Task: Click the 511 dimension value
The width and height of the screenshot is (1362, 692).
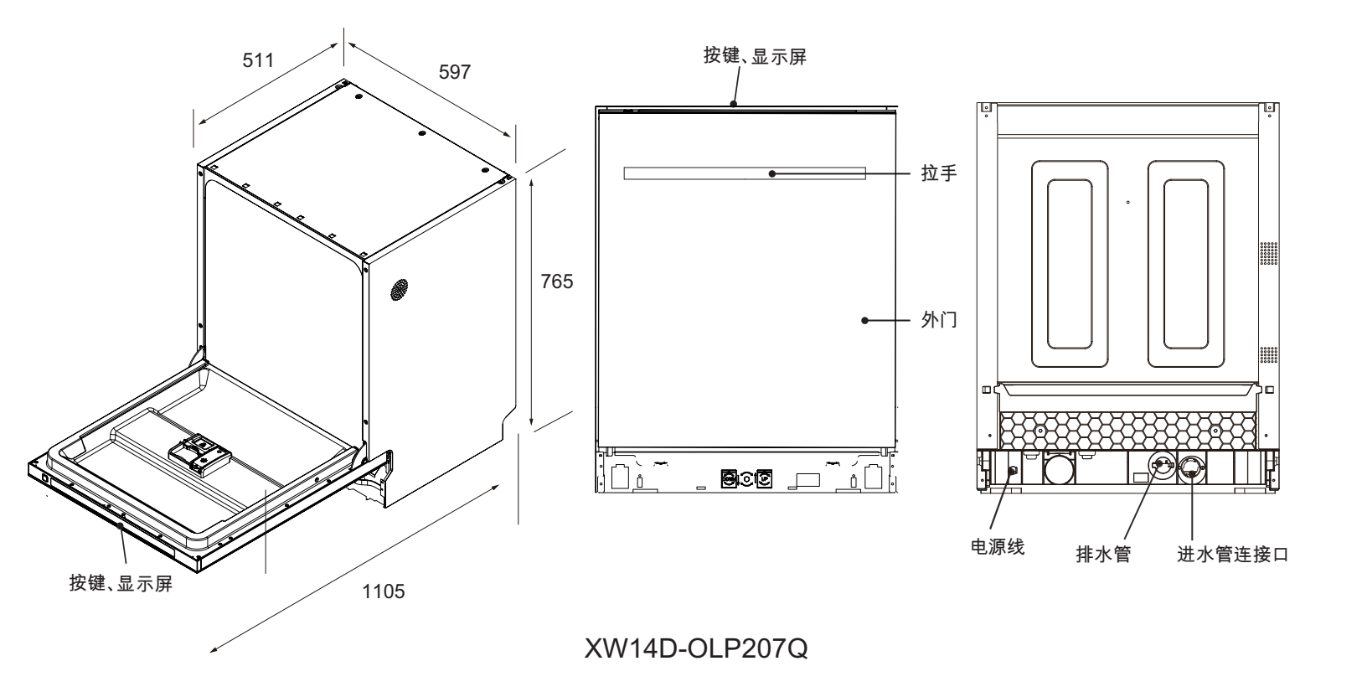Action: pyautogui.click(x=258, y=60)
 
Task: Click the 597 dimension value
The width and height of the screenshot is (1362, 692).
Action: pyautogui.click(x=455, y=72)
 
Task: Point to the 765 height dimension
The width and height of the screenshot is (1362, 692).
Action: pyautogui.click(x=556, y=281)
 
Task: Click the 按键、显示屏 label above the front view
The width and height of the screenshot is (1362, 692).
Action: pyautogui.click(x=755, y=57)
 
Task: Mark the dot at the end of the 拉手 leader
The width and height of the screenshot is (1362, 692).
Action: pyautogui.click(x=772, y=173)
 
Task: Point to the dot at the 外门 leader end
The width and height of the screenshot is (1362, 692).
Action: pyautogui.click(x=864, y=320)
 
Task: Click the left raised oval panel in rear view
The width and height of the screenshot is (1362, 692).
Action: pyautogui.click(x=1061, y=264)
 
